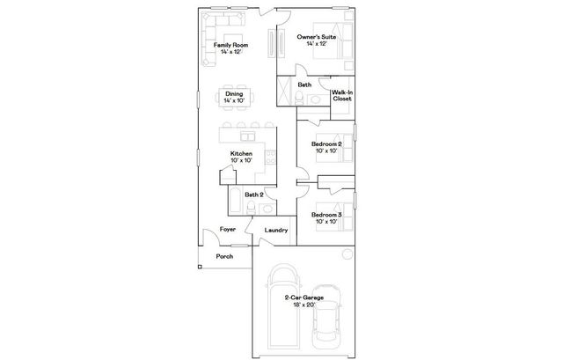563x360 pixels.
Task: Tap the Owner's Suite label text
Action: pyautogui.click(x=316, y=37)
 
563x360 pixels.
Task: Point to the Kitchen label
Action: pyautogui.click(x=241, y=153)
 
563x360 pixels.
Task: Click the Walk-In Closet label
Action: pyautogui.click(x=342, y=95)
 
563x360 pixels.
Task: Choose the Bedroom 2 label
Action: pyautogui.click(x=326, y=143)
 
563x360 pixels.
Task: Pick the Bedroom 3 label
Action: pyautogui.click(x=326, y=214)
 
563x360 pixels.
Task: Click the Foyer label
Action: pyautogui.click(x=227, y=229)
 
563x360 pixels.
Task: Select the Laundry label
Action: pyautogui.click(x=277, y=231)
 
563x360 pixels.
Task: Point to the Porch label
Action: pyautogui.click(x=225, y=258)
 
